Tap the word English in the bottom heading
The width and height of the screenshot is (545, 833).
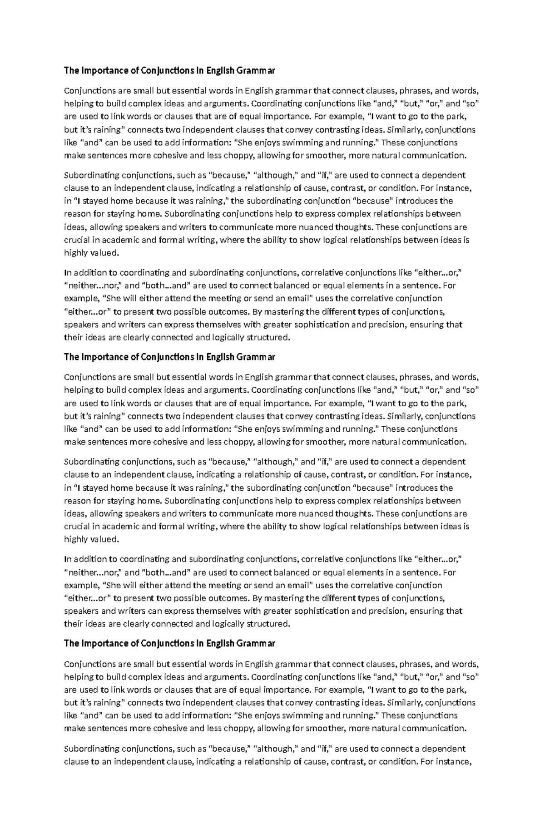220,643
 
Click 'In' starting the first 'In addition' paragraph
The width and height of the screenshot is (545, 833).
68,273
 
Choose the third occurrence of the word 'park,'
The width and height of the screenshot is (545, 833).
455,690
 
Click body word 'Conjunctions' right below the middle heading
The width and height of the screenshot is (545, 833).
90,377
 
